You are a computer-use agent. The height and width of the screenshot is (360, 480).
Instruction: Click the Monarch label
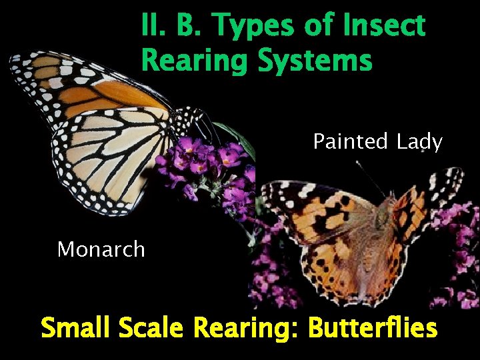101,249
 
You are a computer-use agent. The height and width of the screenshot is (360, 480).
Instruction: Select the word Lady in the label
419,141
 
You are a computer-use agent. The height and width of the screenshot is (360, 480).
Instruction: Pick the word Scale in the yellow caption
149,328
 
